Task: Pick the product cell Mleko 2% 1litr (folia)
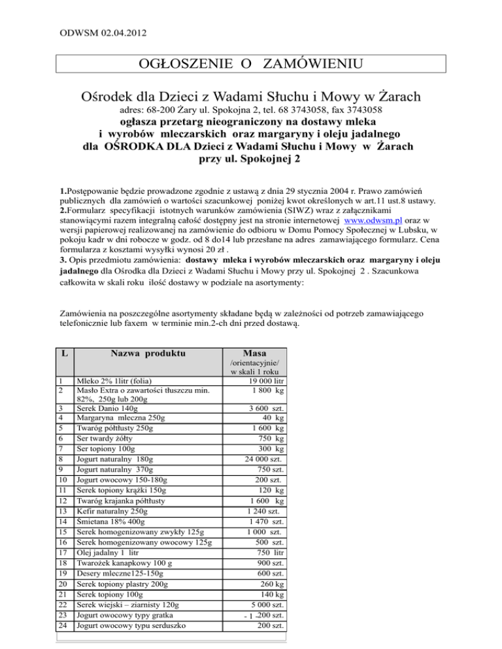pyautogui.click(x=118, y=382)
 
